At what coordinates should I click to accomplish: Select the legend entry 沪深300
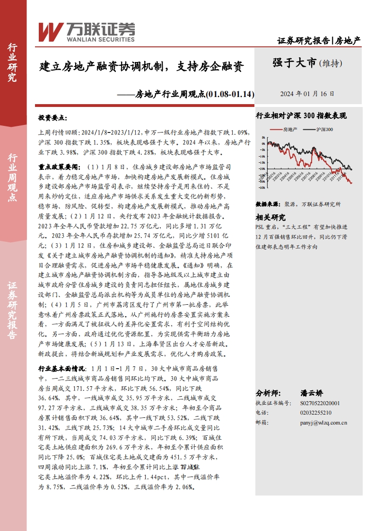[324, 129]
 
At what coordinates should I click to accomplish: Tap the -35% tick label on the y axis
[262, 187]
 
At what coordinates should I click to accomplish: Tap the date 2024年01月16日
[307, 94]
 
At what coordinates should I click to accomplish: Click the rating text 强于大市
[294, 63]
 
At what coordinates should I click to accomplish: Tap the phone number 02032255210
[316, 413]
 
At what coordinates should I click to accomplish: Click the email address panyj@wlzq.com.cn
[324, 423]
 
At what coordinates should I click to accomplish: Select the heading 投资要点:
[53, 117]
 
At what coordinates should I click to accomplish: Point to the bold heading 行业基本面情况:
[62, 368]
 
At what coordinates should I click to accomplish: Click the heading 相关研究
[270, 217]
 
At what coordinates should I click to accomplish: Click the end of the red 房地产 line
[351, 183]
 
